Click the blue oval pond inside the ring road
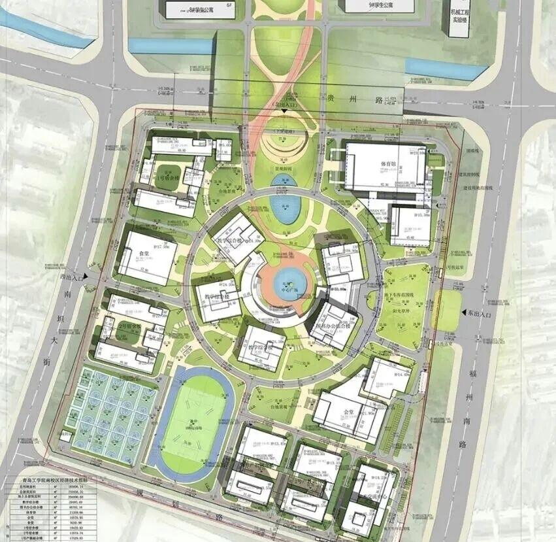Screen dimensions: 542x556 coord(285,210)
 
